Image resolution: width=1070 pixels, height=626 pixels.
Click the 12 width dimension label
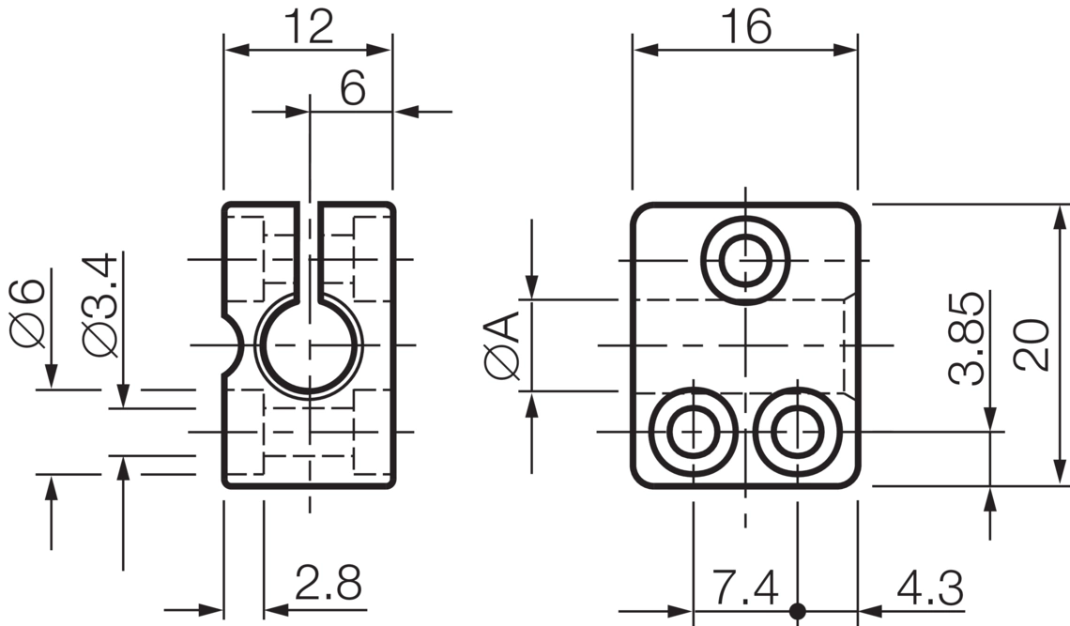click(x=309, y=26)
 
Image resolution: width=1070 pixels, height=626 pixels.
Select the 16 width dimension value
click(x=746, y=26)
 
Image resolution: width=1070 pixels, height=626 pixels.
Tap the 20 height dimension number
click(x=1032, y=344)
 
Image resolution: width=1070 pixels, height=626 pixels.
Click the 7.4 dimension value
click(x=745, y=588)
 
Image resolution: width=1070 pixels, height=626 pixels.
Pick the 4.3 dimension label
click(x=929, y=588)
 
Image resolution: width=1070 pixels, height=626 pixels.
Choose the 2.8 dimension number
click(x=329, y=582)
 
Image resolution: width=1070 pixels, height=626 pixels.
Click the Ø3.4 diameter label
click(x=99, y=304)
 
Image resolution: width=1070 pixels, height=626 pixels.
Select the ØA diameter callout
click(x=502, y=344)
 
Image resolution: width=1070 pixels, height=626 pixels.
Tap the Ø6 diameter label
click(x=28, y=313)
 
